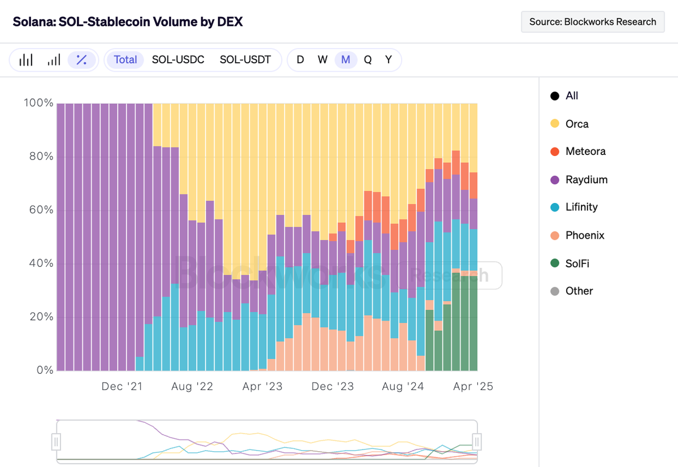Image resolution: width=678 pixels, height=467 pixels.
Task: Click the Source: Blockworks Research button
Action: [593, 22]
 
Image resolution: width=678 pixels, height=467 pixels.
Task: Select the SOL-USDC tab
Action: [178, 59]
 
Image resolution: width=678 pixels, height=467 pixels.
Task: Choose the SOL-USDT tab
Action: [245, 59]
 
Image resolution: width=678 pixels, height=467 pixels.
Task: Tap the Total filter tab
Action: [125, 59]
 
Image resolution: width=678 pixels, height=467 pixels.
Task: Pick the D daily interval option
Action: [300, 59]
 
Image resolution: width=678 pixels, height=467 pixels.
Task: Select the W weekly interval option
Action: [323, 59]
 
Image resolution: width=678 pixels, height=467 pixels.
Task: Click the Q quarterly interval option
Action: [368, 59]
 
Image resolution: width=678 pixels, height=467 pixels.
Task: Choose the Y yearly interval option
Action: [389, 59]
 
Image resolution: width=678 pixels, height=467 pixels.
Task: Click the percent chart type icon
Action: [81, 60]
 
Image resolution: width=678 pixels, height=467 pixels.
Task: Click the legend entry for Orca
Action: [576, 124]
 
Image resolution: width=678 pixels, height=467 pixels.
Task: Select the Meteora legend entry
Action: [585, 152]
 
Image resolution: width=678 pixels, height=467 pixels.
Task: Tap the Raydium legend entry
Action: [586, 180]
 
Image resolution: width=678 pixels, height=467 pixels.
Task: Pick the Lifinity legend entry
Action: [581, 207]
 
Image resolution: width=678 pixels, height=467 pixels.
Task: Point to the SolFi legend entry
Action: [577, 263]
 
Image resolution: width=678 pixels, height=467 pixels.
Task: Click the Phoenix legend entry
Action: [584, 235]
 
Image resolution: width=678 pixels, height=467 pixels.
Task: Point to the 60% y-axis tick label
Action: [39, 210]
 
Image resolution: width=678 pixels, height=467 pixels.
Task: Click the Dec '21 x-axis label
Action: [121, 387]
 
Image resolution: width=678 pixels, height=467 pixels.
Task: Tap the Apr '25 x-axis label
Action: [473, 387]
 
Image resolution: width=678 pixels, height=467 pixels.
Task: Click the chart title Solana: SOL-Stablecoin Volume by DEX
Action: [128, 22]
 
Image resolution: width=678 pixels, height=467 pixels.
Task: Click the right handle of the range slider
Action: [477, 441]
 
